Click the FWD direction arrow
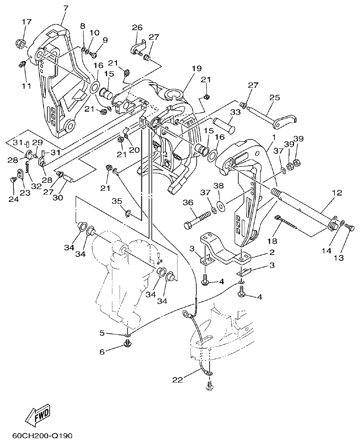tap(38, 414)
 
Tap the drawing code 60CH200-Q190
tap(42, 435)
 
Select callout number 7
tap(66, 8)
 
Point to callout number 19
tap(197, 68)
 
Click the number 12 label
tap(336, 193)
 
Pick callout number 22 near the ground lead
tap(178, 380)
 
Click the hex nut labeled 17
tap(21, 44)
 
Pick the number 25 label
tap(274, 97)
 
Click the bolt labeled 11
tap(21, 65)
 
